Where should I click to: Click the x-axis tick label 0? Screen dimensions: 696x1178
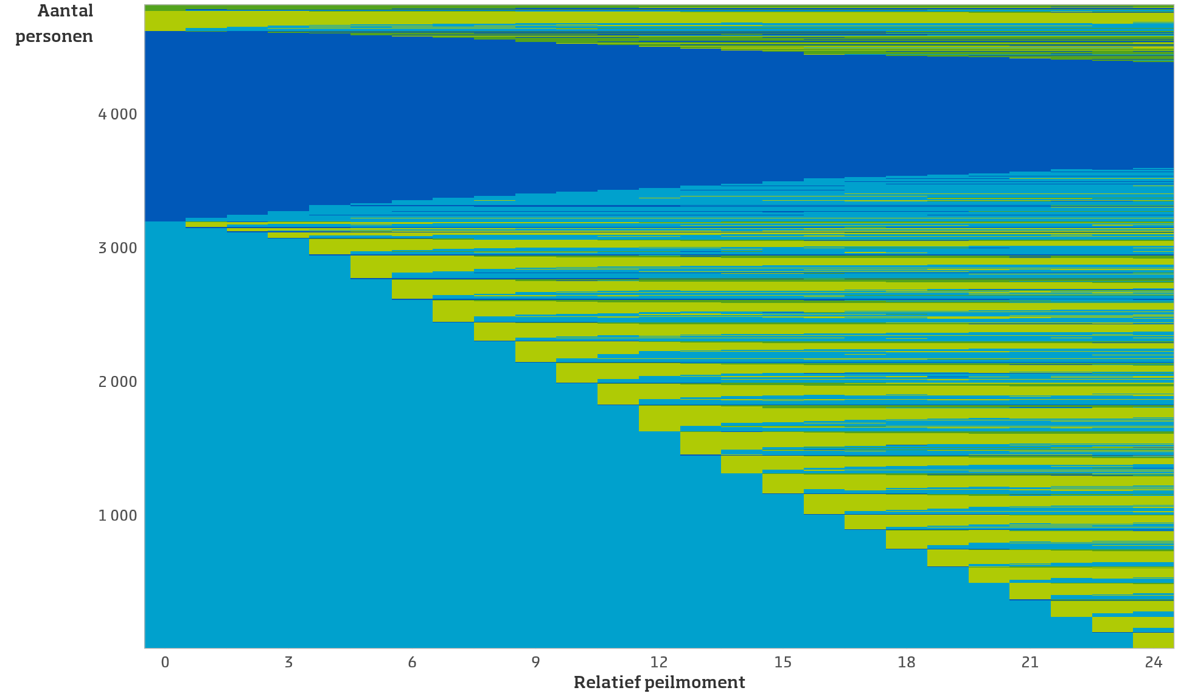[x=165, y=663]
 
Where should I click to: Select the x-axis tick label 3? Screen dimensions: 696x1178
[x=288, y=663]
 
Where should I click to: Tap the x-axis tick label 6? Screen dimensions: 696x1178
[x=412, y=663]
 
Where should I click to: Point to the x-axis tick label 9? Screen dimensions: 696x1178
[x=535, y=663]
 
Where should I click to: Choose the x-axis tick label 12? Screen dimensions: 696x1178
[x=659, y=663]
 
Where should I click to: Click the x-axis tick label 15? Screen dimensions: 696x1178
[x=783, y=663]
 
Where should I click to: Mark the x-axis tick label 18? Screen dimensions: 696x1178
[x=907, y=663]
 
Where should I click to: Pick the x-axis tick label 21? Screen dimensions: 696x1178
[x=1030, y=663]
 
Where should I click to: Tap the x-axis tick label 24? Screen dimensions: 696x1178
[x=1154, y=663]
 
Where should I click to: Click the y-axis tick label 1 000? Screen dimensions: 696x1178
[x=117, y=516]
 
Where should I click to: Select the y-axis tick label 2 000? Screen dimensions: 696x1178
[x=117, y=382]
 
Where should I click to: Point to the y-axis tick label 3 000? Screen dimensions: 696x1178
[x=117, y=248]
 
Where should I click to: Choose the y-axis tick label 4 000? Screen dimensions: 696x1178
[x=117, y=114]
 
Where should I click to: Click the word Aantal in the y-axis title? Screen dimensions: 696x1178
[x=65, y=11]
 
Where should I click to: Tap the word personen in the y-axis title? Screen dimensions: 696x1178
[x=54, y=37]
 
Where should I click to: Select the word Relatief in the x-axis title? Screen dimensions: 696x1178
[x=606, y=683]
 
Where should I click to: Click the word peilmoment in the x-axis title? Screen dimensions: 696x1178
[x=694, y=683]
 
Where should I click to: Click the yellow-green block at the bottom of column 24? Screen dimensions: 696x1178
[x=1153, y=640]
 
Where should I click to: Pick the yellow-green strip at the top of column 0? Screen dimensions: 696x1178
[x=165, y=21]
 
